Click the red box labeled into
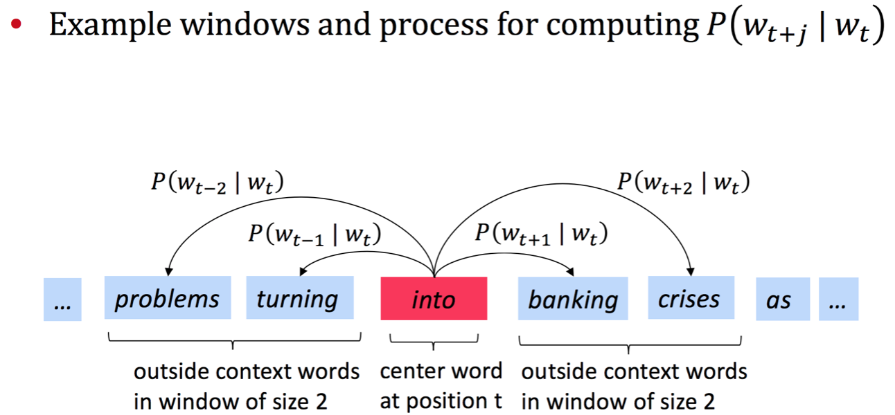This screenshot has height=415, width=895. (x=434, y=299)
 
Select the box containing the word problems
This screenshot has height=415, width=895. (x=167, y=299)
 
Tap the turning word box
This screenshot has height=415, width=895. (x=299, y=299)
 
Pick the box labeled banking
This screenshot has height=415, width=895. (x=573, y=299)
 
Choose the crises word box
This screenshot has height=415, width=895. (x=691, y=299)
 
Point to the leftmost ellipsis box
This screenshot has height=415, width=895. (x=62, y=299)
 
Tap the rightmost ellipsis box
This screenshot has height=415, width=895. (x=838, y=299)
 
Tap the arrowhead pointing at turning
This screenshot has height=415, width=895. (x=303, y=273)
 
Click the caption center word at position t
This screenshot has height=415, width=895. (x=441, y=386)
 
